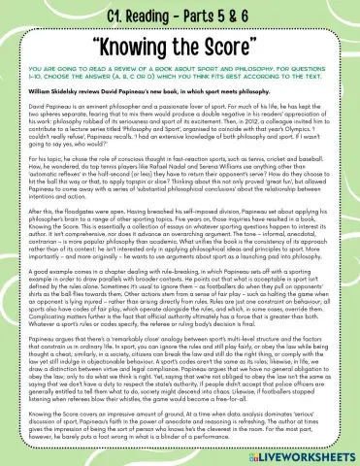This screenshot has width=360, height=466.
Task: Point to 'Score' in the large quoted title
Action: pyautogui.click(x=246, y=46)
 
